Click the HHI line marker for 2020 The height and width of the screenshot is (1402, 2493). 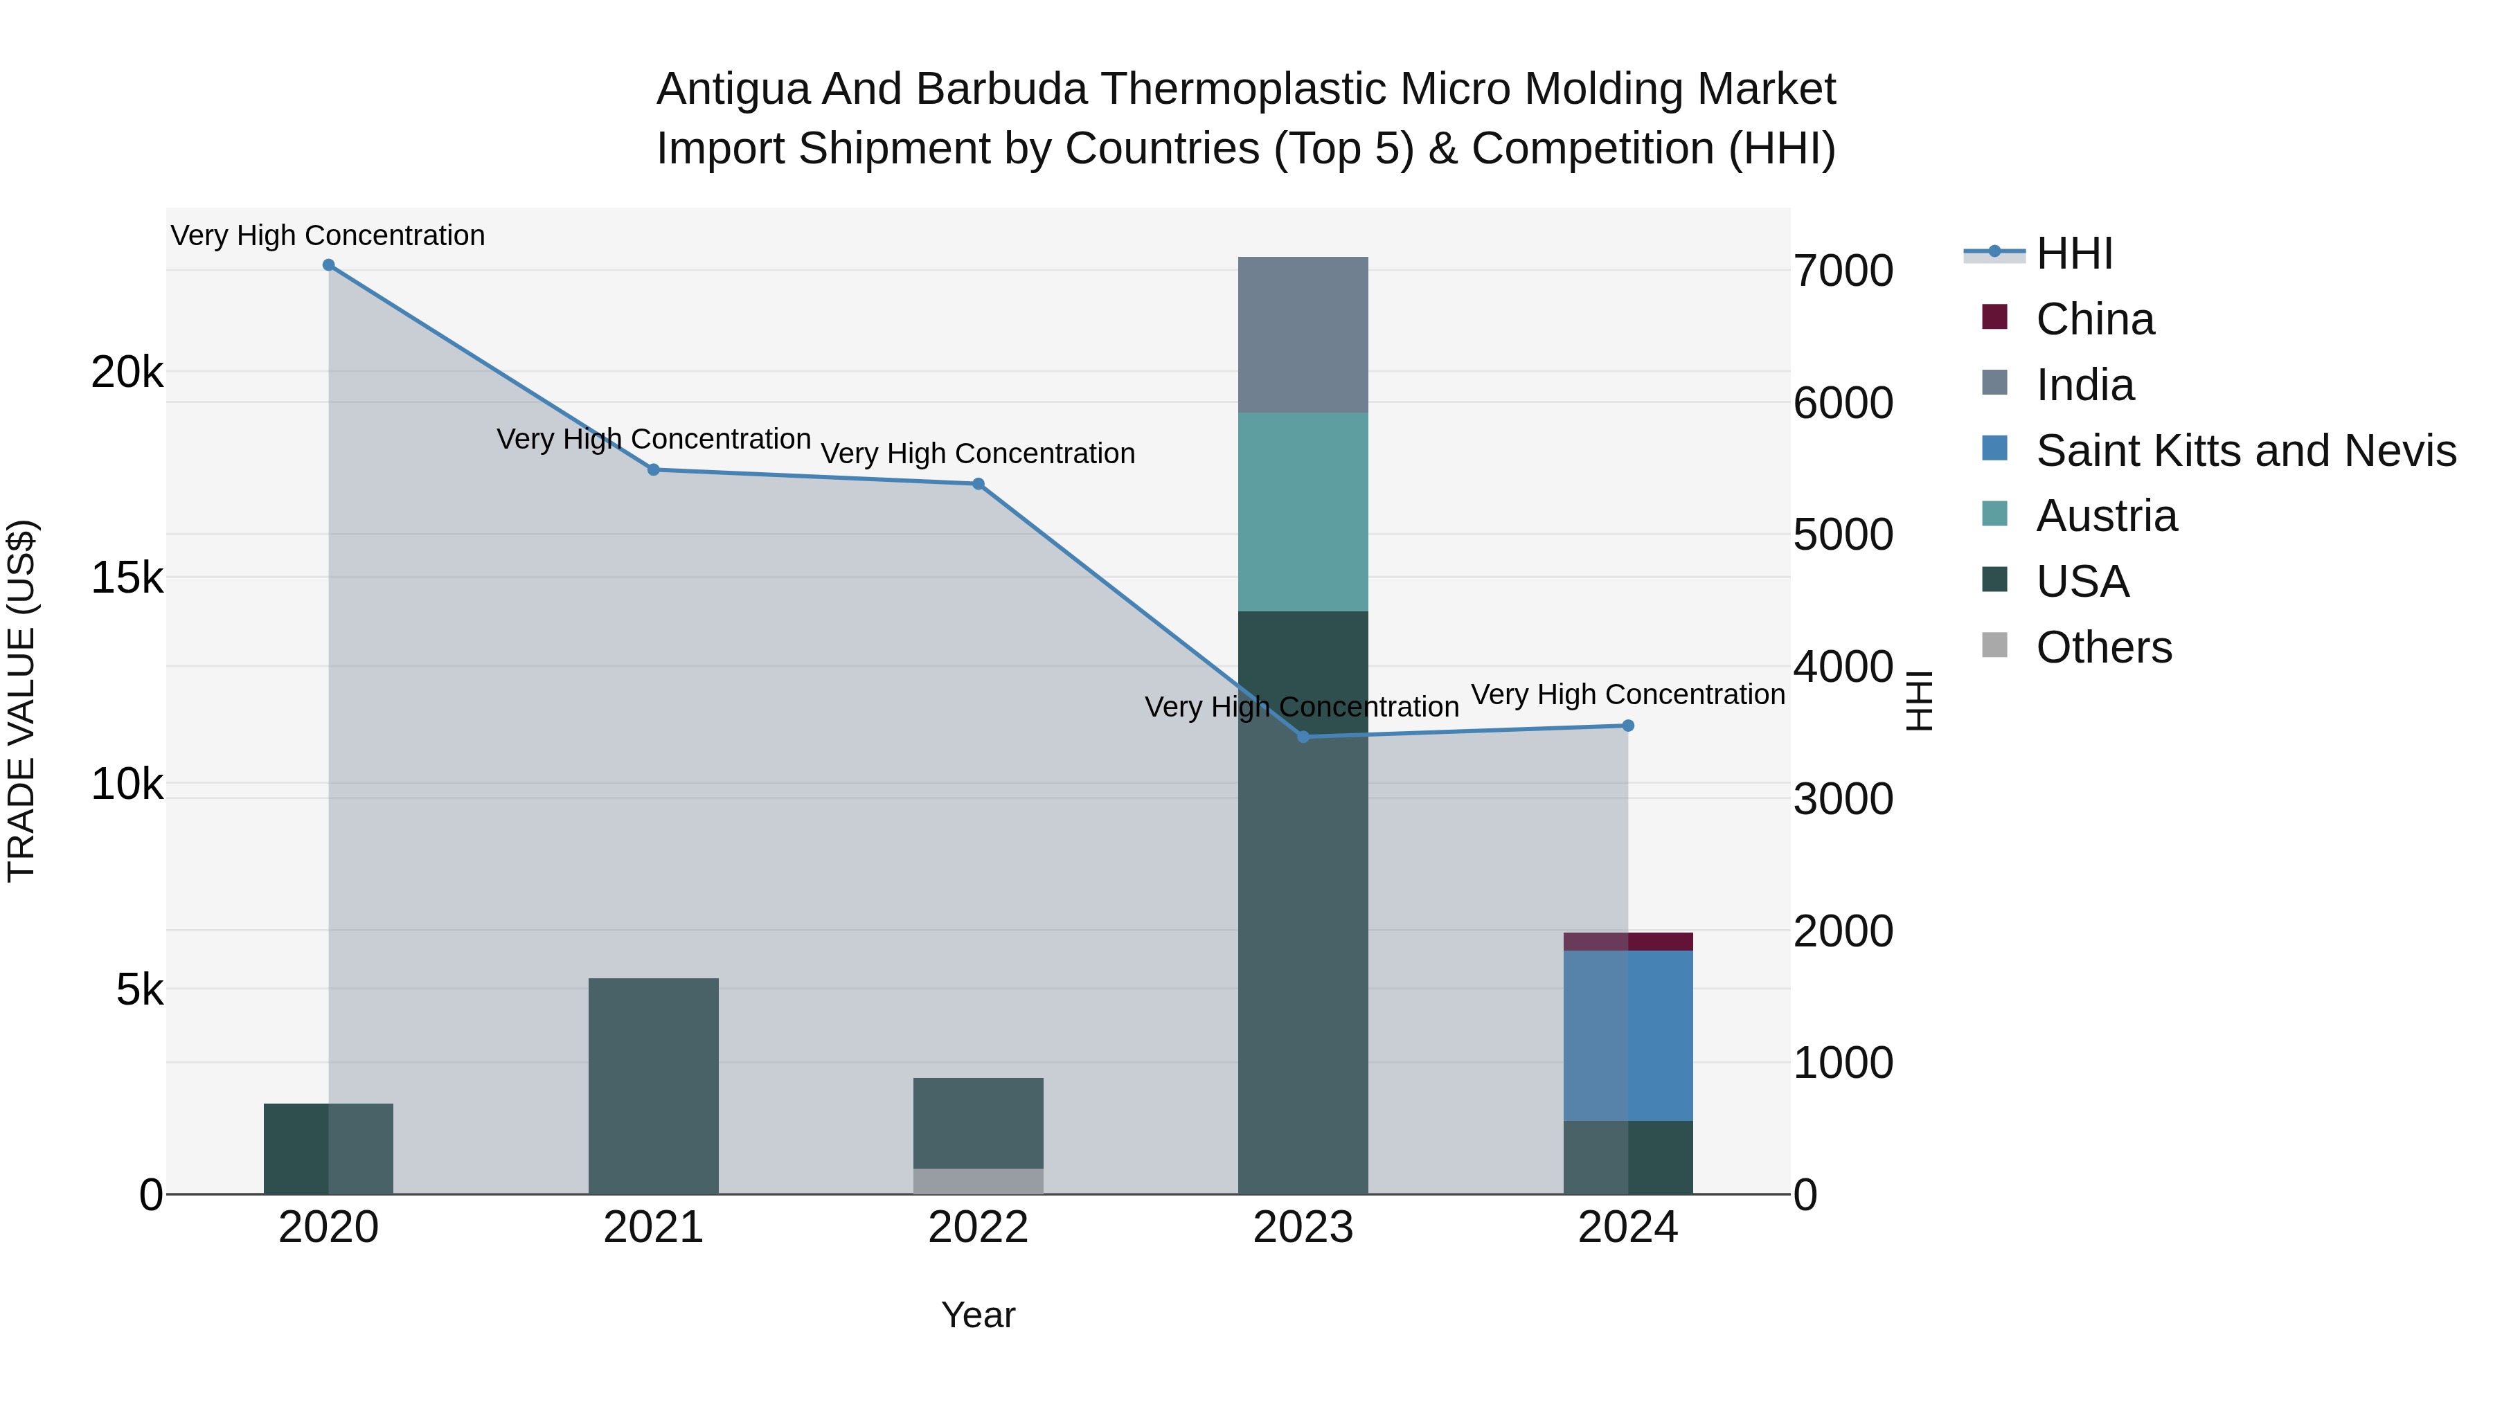click(x=328, y=265)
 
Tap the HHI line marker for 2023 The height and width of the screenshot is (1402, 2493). click(x=1303, y=737)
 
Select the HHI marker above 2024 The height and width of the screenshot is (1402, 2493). click(x=1628, y=726)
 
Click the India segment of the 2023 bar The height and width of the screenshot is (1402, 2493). click(x=1303, y=335)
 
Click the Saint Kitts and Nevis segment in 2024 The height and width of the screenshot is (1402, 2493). click(x=1628, y=1035)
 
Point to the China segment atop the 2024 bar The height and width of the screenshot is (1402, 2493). click(x=1628, y=942)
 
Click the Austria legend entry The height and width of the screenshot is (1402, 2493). click(x=2106, y=516)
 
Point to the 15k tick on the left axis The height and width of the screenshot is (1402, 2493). click(x=127, y=579)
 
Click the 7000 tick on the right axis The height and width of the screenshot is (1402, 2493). click(x=1843, y=271)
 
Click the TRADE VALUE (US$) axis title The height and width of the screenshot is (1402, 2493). click(x=21, y=701)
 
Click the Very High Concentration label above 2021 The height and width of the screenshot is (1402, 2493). click(x=653, y=439)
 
